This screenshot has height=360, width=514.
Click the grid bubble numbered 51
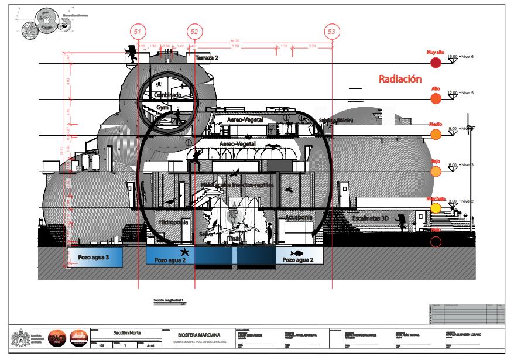click(138, 30)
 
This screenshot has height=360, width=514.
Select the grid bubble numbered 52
click(195, 30)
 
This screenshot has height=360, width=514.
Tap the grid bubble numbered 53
click(333, 30)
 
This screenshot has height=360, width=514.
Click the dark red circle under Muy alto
click(436, 63)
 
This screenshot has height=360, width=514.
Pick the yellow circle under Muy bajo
click(436, 208)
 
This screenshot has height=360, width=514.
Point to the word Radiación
click(400, 78)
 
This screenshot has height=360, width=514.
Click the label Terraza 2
click(207, 58)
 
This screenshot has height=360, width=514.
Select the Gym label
click(162, 108)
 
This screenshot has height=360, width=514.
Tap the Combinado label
click(167, 94)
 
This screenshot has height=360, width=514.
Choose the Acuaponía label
click(299, 217)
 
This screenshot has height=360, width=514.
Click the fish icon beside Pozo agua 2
click(297, 253)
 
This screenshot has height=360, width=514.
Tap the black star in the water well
click(185, 252)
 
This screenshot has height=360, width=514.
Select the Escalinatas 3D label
click(371, 218)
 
